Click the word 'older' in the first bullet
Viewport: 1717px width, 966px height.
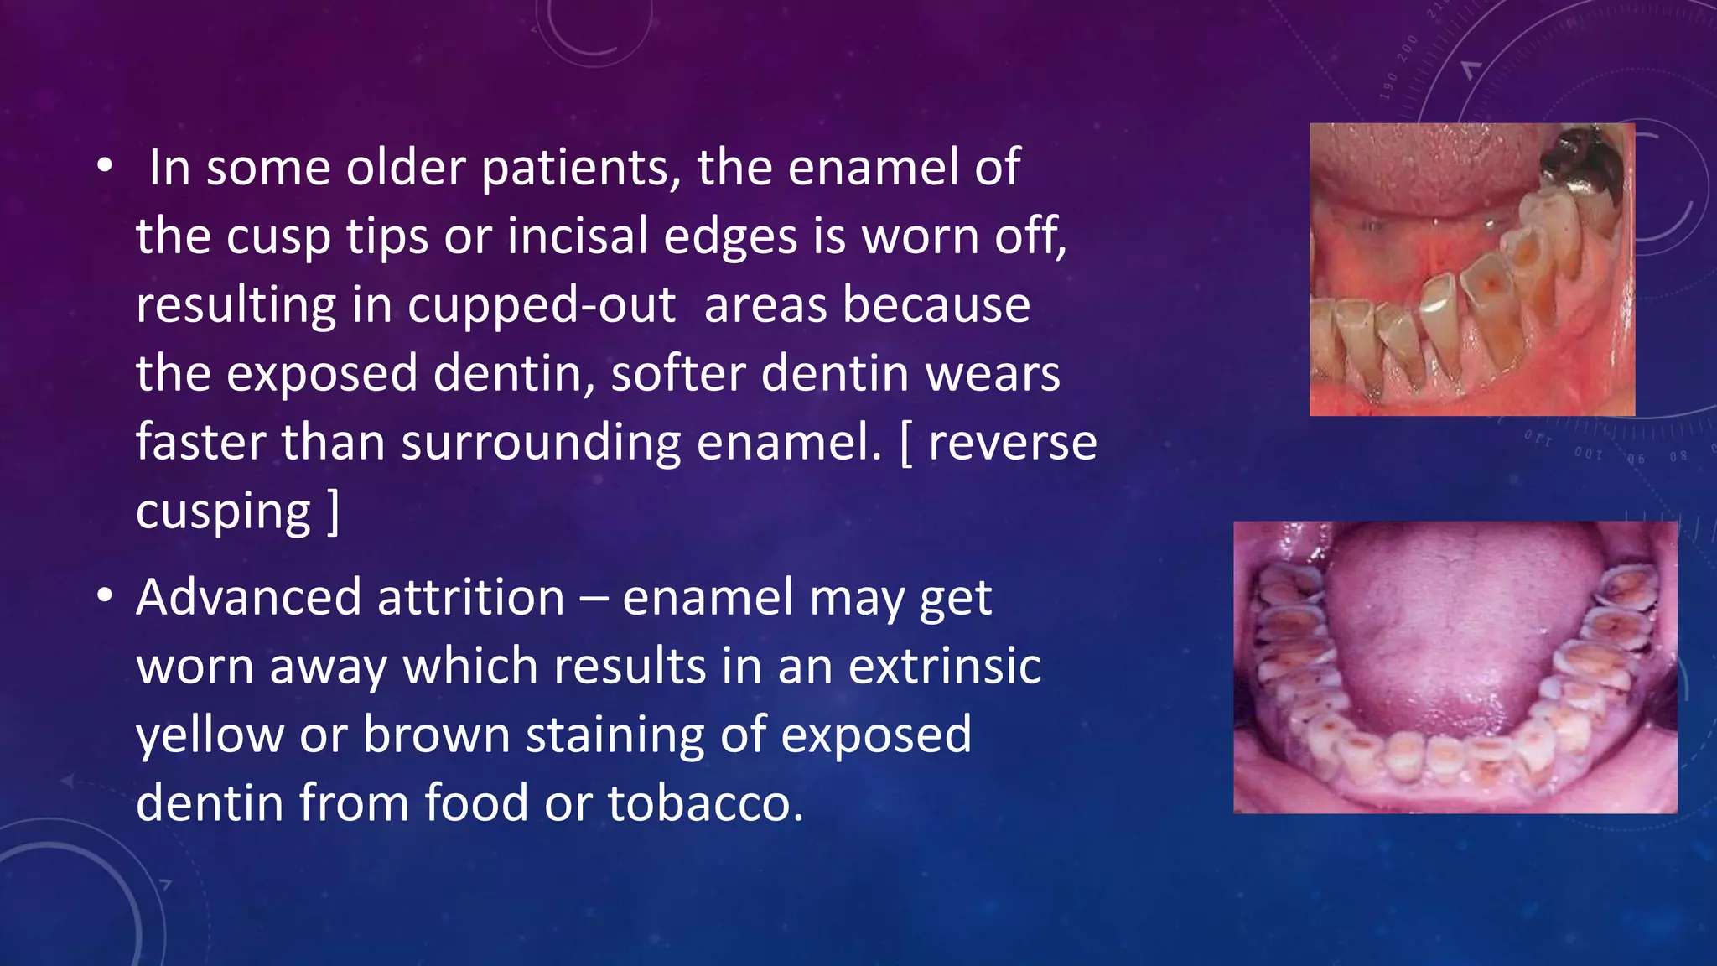[x=406, y=168]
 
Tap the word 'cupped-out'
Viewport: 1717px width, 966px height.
[x=542, y=305]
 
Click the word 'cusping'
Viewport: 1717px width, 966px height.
[x=223, y=512]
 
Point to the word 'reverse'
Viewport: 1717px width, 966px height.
[x=1013, y=443]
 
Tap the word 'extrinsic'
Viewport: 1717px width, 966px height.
[x=944, y=667]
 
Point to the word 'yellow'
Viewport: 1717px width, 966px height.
[x=210, y=735]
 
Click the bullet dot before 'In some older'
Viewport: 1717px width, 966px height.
[x=104, y=166]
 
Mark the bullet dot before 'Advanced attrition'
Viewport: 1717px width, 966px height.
[x=104, y=597]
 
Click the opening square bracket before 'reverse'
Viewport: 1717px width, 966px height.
[x=905, y=443]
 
